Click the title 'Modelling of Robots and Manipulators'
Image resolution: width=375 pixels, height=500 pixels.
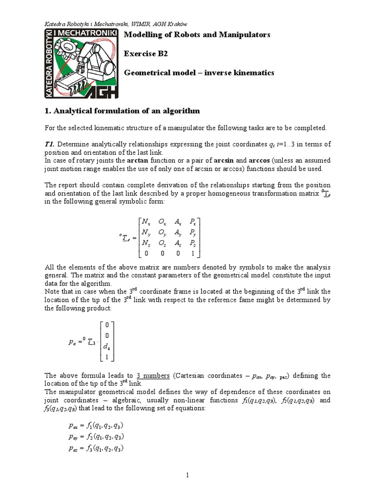[x=197, y=35]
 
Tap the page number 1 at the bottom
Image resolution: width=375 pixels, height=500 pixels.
[x=187, y=474]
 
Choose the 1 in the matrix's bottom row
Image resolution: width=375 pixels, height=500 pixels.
[x=192, y=253]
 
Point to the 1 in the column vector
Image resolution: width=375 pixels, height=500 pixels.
[x=107, y=357]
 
